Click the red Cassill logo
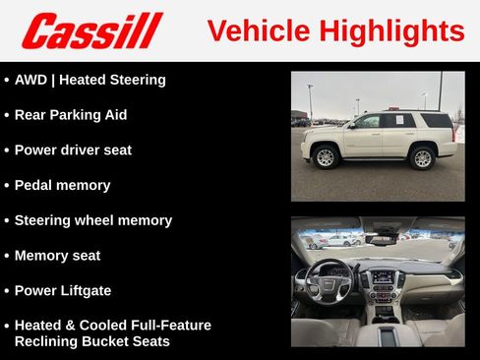91,30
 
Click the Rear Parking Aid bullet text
71,115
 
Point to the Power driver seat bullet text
73,150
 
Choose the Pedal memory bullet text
62,185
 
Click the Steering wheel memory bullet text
92,220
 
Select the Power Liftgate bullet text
63,291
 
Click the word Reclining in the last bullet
46,341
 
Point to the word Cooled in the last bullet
105,325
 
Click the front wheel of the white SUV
326,156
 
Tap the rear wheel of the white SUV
422,156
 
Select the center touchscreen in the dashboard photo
382,278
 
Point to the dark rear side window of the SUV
436,121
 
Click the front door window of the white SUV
367,122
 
